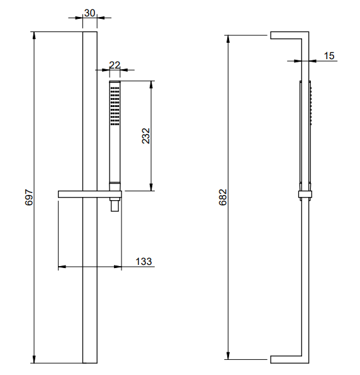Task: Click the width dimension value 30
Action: [89, 11]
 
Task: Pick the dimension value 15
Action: [329, 56]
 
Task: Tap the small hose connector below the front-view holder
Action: [115, 204]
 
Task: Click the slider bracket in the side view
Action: [305, 193]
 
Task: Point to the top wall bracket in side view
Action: [288, 35]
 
